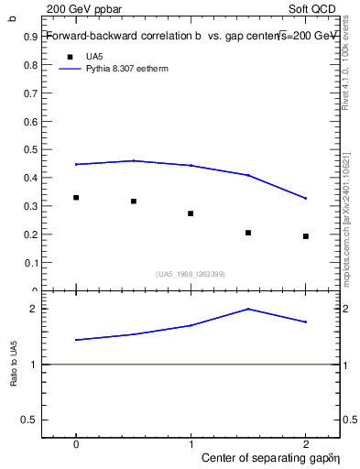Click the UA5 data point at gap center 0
click(x=76, y=198)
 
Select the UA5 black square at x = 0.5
click(x=134, y=202)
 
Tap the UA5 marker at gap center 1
click(x=191, y=213)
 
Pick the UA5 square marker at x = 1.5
click(x=248, y=233)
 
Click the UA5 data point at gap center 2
click(x=306, y=236)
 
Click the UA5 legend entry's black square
click(x=69, y=57)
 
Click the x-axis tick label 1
click(x=191, y=442)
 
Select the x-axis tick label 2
click(x=306, y=442)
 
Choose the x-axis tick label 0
click(x=76, y=442)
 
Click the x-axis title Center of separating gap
click(x=266, y=456)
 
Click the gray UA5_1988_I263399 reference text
click(x=191, y=274)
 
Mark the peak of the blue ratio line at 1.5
click(x=248, y=309)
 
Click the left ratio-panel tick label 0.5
click(x=32, y=420)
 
